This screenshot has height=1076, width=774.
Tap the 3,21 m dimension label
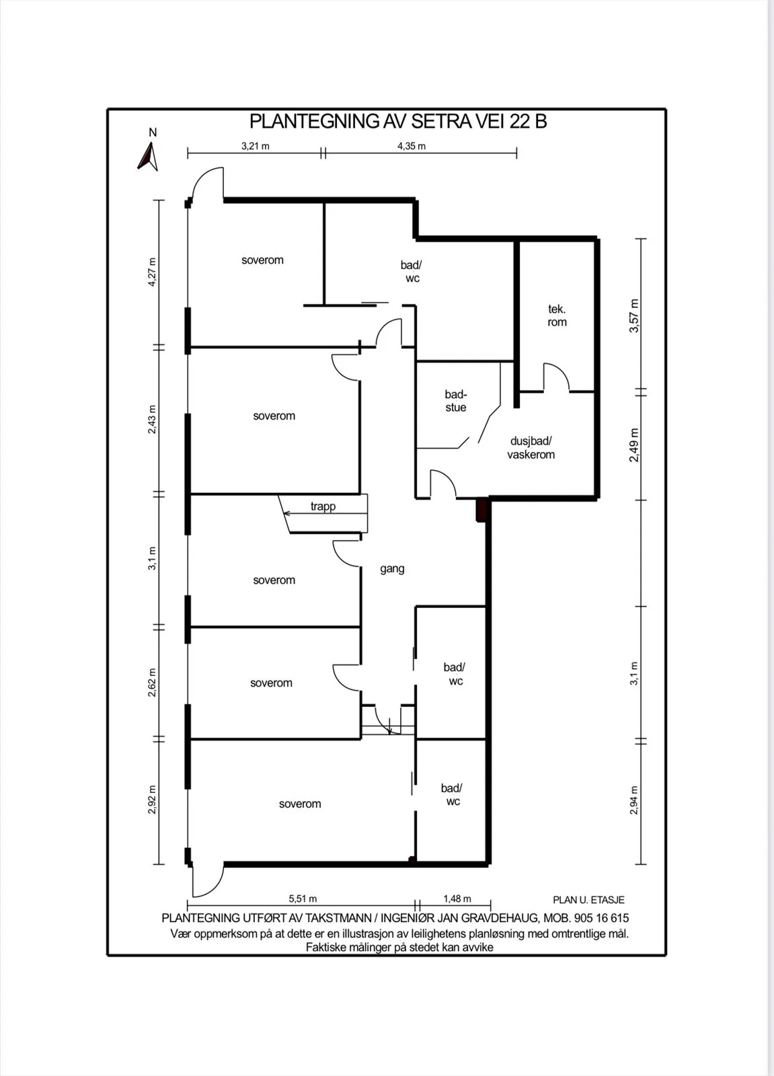(x=255, y=145)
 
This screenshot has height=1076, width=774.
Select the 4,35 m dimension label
(x=412, y=145)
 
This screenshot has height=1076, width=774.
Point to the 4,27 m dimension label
(x=152, y=272)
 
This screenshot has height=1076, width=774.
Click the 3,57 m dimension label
(x=634, y=315)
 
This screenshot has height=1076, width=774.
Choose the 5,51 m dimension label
(x=303, y=898)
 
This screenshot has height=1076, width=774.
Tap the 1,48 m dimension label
(x=457, y=898)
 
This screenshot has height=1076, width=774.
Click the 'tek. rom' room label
(x=557, y=315)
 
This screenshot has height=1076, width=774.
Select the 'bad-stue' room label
(x=455, y=401)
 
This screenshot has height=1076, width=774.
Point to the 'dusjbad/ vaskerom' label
(x=531, y=448)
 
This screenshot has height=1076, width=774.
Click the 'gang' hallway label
(x=392, y=569)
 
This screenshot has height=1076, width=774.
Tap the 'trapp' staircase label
(x=323, y=506)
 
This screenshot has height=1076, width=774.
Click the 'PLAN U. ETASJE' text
(x=588, y=900)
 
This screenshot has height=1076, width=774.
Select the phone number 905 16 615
(x=602, y=918)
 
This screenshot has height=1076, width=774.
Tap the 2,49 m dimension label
(x=634, y=445)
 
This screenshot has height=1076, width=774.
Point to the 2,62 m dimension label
(x=152, y=683)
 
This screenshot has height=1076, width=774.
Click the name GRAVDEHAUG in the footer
(x=500, y=918)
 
